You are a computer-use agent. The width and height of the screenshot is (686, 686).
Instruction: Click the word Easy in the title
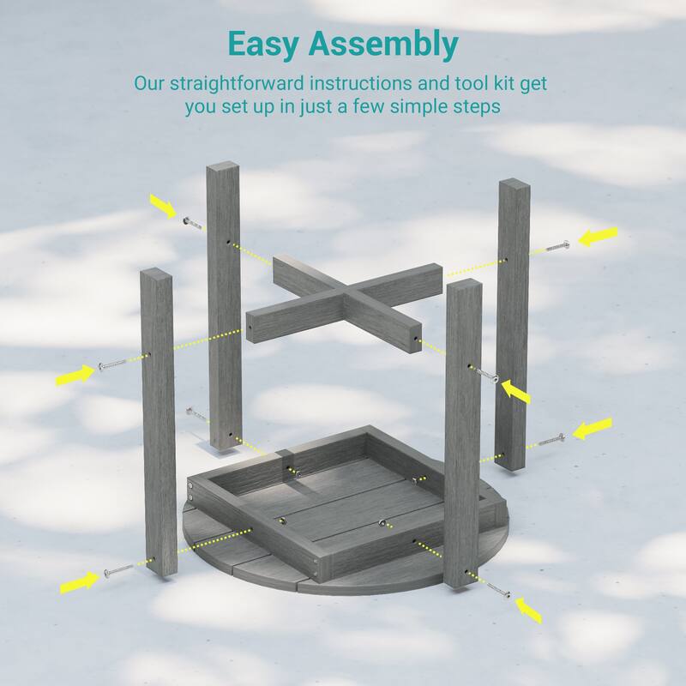pyautogui.click(x=270, y=43)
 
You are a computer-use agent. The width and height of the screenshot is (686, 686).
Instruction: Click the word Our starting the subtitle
pyautogui.click(x=147, y=84)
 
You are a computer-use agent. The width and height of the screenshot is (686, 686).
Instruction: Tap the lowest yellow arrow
pyautogui.click(x=528, y=609)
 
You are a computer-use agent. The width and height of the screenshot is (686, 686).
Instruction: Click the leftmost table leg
pyautogui.click(x=159, y=420)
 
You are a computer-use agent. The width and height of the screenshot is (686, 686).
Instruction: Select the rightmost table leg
pyautogui.click(x=514, y=326)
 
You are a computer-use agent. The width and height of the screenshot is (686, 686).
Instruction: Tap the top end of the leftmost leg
pyautogui.click(x=157, y=275)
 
